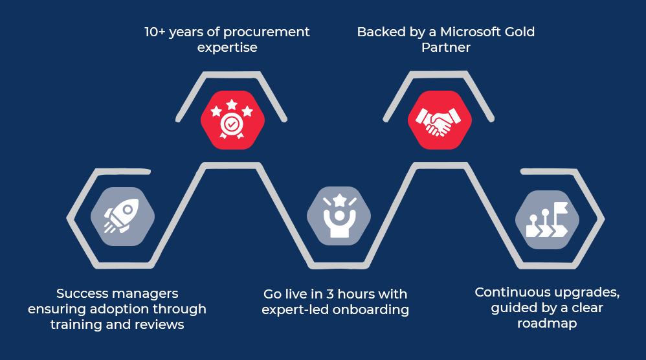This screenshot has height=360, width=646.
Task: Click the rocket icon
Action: click(x=122, y=216)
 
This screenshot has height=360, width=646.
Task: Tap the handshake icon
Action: click(x=438, y=122)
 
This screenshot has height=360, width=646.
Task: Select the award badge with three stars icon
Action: click(x=232, y=119)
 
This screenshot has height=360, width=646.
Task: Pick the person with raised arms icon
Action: click(x=339, y=215)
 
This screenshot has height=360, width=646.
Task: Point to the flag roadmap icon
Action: click(x=547, y=219)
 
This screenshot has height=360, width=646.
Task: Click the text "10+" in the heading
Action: click(x=155, y=32)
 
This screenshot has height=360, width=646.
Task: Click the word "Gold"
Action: click(x=520, y=32)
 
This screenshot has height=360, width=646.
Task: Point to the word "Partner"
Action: click(x=446, y=47)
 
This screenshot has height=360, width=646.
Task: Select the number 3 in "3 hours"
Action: click(x=330, y=294)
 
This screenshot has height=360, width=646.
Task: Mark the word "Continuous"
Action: click(x=507, y=292)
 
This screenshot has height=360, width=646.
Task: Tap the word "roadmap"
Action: click(x=547, y=324)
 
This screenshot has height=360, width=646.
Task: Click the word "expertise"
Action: click(x=227, y=48)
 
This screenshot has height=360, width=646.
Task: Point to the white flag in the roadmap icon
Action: click(x=561, y=208)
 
